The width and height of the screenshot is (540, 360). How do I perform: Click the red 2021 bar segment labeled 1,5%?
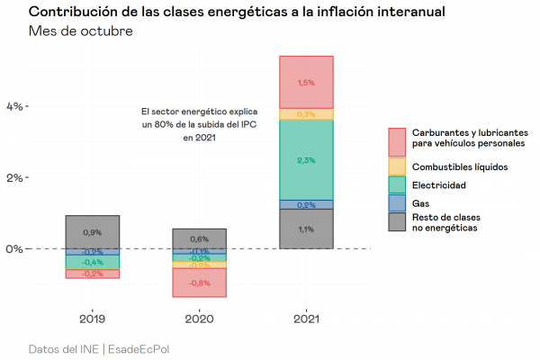(306, 82)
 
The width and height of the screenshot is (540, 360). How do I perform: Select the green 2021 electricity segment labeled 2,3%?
(306, 160)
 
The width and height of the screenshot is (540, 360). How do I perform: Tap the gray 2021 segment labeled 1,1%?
(306, 229)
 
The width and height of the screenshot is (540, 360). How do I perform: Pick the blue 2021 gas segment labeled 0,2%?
(306, 204)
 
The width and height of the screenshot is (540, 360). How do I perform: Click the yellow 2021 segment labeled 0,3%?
(306, 114)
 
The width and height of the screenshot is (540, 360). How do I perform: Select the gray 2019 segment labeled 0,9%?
(92, 232)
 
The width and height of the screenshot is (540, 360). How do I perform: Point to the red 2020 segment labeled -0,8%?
(199, 283)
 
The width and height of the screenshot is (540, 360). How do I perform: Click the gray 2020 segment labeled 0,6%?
(199, 238)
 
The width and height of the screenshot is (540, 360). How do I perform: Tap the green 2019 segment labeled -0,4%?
(92, 262)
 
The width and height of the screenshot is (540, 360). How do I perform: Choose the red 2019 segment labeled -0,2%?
(92, 274)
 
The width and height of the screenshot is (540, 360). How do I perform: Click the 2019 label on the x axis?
(92, 318)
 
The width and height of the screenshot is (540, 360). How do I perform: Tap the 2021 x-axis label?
(306, 318)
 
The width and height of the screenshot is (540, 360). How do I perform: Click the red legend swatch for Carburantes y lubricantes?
(398, 140)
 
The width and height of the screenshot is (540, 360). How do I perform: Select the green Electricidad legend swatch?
(398, 184)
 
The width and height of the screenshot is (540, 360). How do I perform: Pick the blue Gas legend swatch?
(398, 202)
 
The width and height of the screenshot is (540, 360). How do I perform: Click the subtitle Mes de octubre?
(81, 32)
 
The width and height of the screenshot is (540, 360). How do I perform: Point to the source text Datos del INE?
(64, 348)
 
